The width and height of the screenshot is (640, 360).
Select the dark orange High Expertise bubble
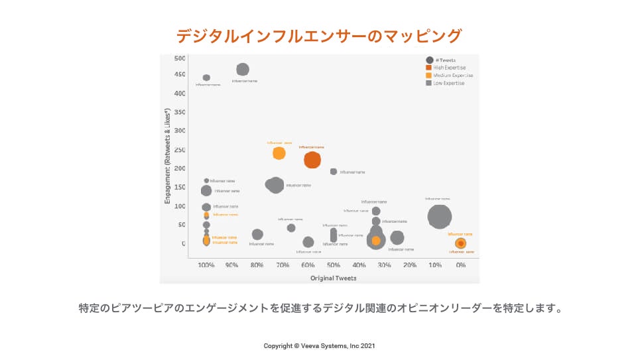click(312, 160)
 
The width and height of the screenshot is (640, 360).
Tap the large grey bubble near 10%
click(439, 216)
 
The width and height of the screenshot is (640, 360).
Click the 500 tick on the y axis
click(179, 58)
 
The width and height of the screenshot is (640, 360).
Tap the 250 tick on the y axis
click(179, 150)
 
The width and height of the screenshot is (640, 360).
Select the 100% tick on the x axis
click(206, 265)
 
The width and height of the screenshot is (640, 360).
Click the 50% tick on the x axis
click(334, 265)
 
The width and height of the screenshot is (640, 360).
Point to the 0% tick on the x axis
click(461, 265)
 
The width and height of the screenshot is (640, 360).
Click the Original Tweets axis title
click(334, 278)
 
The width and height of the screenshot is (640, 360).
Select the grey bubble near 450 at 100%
click(206, 78)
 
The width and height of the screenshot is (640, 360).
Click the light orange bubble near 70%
click(279, 153)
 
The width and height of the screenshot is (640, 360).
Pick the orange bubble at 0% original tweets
click(460, 243)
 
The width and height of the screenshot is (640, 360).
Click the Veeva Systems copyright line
click(320, 345)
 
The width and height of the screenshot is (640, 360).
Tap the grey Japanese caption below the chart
click(320, 308)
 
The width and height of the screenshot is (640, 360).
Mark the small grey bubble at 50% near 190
click(334, 171)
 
